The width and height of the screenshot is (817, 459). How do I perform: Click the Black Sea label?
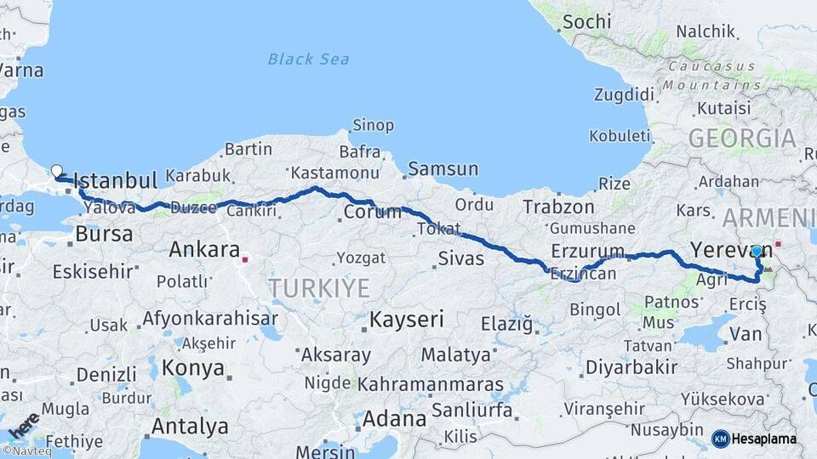point(308,59)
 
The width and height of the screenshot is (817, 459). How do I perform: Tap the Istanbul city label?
point(116,181)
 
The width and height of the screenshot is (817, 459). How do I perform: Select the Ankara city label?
point(203,250)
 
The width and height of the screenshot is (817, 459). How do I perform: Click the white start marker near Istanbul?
point(57,171)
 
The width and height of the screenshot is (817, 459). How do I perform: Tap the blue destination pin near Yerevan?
point(756,252)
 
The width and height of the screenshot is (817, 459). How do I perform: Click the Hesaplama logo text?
point(763,439)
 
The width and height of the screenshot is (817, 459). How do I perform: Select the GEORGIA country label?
point(742,139)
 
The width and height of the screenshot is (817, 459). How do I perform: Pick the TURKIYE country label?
point(318,288)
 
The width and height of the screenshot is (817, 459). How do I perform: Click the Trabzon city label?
point(558,207)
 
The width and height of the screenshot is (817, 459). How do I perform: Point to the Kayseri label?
point(407,320)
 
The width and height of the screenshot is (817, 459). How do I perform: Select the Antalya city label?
point(190,426)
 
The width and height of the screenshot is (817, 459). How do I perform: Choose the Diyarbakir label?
point(630,367)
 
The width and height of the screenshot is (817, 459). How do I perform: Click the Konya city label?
point(193,369)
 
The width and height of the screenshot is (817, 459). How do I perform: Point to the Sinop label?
point(373,126)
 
